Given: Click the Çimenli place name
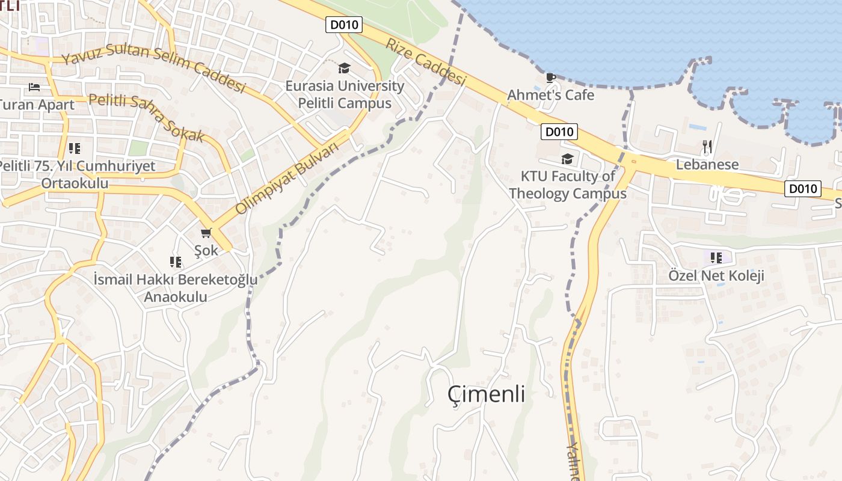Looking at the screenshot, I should (486, 394).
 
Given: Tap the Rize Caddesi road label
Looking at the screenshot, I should (426, 62).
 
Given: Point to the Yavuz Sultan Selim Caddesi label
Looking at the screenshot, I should (153, 68).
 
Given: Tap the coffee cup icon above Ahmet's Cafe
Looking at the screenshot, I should (550, 78).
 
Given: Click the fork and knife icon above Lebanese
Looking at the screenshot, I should (707, 146).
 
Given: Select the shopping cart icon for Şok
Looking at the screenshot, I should (206, 233).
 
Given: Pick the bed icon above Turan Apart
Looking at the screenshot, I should (34, 87).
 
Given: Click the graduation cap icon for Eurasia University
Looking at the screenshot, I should (344, 68).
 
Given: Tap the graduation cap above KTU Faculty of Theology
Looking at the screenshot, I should (567, 159).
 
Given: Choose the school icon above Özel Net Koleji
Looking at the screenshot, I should (716, 258).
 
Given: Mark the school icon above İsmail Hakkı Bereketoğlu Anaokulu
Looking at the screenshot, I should (175, 262).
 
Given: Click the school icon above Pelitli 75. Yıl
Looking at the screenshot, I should (74, 148).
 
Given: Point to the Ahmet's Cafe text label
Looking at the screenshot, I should (550, 95).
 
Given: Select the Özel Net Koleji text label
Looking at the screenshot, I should (716, 275).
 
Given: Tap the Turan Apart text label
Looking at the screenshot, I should (37, 105).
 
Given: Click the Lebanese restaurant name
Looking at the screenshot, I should (707, 164).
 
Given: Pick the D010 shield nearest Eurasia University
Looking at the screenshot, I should (343, 25).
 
